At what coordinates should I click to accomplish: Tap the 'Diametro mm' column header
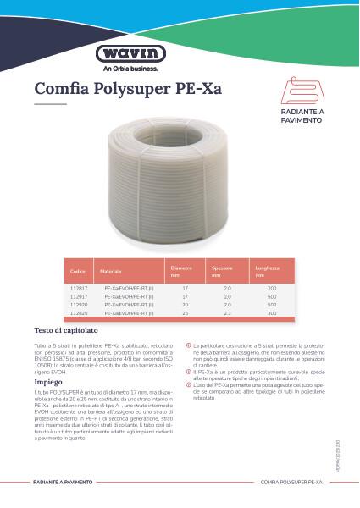(x=181, y=271)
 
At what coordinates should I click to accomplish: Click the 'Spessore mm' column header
(x=223, y=271)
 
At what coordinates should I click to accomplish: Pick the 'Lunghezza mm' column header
(x=267, y=271)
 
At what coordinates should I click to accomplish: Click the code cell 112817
(x=78, y=289)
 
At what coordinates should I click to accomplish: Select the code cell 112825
(x=78, y=312)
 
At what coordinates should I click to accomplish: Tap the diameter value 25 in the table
(x=185, y=312)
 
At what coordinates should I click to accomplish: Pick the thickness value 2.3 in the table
(x=227, y=312)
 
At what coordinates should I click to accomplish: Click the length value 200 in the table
(x=273, y=289)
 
